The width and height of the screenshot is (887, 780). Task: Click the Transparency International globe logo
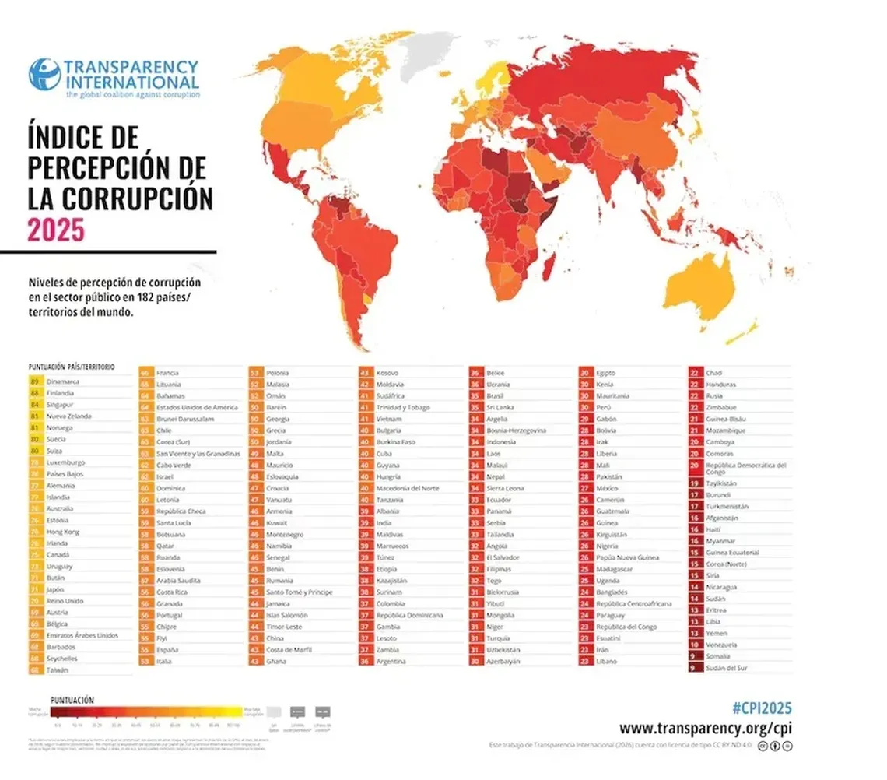44,74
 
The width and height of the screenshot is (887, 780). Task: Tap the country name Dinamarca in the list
63,381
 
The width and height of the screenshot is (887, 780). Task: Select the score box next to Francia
145,373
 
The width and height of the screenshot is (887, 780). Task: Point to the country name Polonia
277,373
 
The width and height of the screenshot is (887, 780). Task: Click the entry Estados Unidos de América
197,407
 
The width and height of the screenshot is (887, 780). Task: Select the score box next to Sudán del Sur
694,668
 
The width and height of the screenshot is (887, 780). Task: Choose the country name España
168,649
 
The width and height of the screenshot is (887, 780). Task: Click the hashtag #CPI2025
762,707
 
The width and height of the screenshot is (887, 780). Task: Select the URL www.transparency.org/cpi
706,729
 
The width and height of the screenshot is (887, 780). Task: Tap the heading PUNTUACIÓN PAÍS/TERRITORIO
71,366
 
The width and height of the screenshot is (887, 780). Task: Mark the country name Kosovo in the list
387,373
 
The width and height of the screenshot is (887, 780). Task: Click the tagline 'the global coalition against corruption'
132,94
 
